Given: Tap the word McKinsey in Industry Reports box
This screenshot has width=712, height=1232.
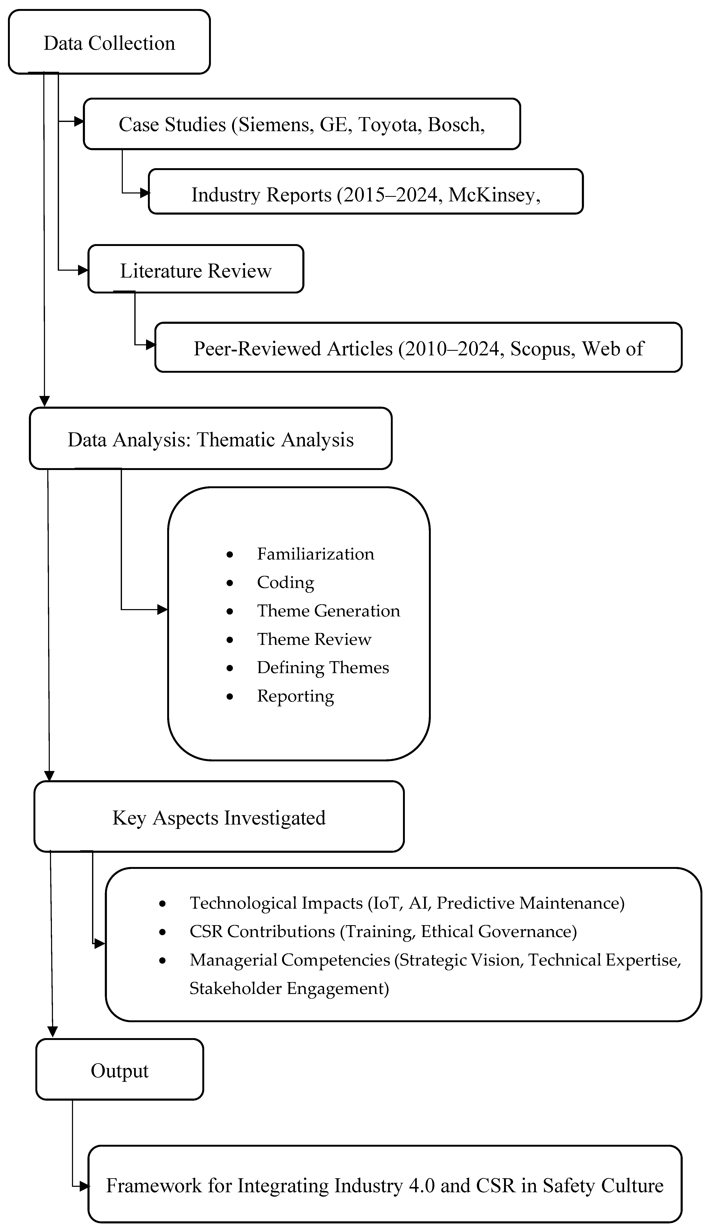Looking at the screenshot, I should (494, 195).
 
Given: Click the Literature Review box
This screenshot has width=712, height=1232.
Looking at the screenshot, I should (196, 270).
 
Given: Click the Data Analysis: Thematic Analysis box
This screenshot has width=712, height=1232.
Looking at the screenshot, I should (210, 439).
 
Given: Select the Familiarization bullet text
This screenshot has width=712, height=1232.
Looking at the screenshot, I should (316, 554).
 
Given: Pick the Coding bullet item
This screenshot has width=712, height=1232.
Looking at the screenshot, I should (286, 582).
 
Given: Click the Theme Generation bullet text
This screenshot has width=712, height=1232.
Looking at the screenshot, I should (328, 611).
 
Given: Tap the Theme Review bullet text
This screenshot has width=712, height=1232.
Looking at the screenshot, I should (314, 639).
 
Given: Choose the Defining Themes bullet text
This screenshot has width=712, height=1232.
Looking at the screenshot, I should (323, 667).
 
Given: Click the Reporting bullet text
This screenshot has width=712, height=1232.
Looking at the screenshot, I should (295, 696).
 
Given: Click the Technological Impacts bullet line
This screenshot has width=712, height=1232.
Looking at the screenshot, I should (407, 903).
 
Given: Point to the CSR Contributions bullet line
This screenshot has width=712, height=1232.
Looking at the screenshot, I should (383, 931).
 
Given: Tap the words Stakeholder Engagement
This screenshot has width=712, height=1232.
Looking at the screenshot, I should (289, 988).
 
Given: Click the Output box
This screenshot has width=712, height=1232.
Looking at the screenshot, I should (119, 1071).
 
